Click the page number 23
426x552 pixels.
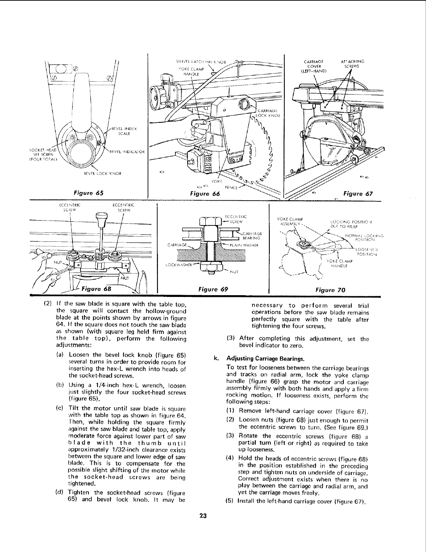[x=204, y=516]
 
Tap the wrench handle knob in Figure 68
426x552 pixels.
[x=101, y=221]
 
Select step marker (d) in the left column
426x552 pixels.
[x=59, y=493]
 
